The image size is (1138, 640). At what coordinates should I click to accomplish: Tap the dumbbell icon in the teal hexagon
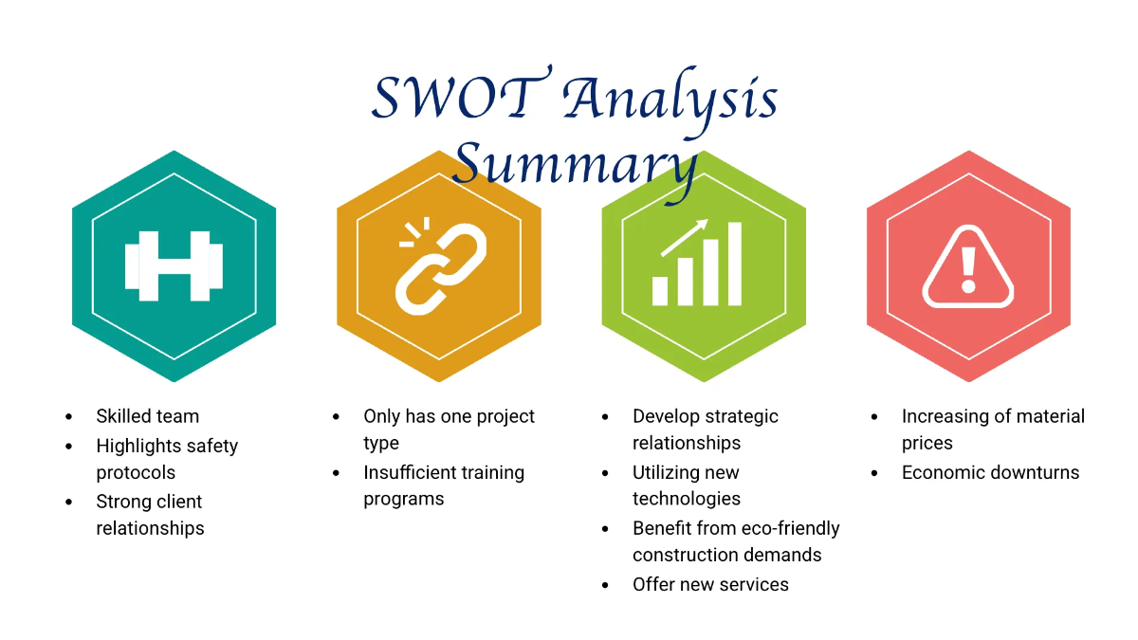pyautogui.click(x=174, y=265)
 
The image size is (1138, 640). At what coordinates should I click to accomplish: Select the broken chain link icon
pyautogui.click(x=440, y=267)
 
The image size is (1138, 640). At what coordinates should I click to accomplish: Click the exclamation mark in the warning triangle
pyautogui.click(x=968, y=269)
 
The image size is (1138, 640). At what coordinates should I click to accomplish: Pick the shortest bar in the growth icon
pyautogui.click(x=660, y=290)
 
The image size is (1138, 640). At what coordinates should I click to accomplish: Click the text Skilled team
pyautogui.click(x=148, y=416)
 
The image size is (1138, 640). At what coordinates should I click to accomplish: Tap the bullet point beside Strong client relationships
pyautogui.click(x=68, y=502)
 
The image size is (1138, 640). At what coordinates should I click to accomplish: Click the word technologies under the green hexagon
pyautogui.click(x=687, y=499)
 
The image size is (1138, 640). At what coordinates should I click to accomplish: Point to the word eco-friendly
pyautogui.click(x=784, y=528)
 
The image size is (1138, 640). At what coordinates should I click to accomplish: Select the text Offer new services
pyautogui.click(x=710, y=584)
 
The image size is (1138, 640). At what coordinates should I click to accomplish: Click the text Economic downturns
pyautogui.click(x=990, y=472)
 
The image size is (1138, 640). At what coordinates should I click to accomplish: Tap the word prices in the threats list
pyautogui.click(x=927, y=443)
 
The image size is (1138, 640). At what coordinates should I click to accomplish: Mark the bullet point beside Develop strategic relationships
pyautogui.click(x=606, y=416)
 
